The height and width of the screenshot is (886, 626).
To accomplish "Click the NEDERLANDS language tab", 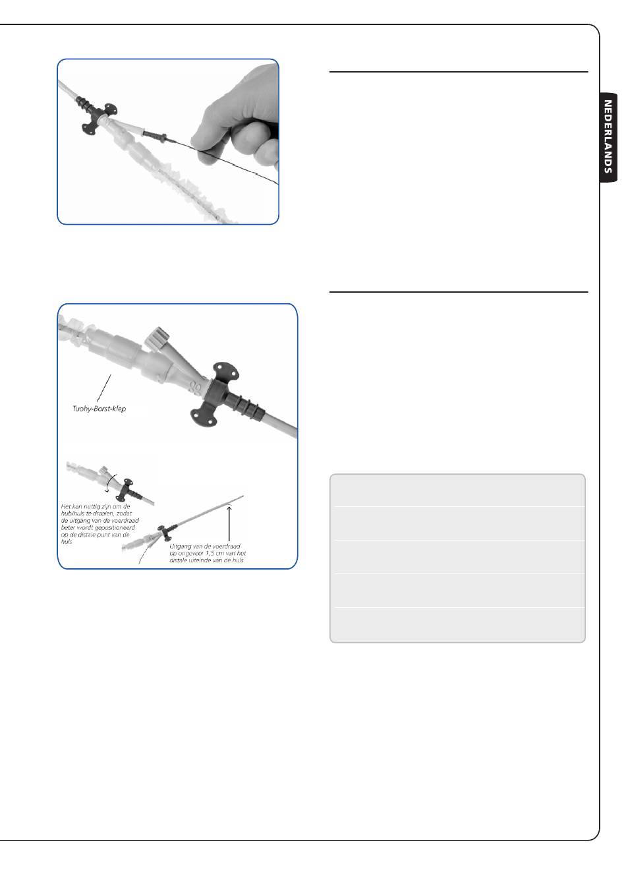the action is pos(608,136).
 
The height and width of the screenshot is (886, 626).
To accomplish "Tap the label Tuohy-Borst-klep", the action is pos(99,409).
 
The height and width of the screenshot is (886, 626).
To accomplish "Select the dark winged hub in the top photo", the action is pos(94,117).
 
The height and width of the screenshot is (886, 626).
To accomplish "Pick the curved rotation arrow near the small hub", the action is pos(110,480).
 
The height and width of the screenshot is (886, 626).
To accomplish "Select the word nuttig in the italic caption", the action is pos(92,506).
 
